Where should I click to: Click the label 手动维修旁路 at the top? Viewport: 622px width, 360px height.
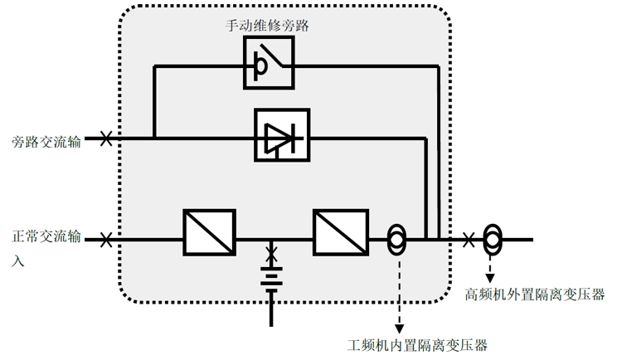pos(269,26)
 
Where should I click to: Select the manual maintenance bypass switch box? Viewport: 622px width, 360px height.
pos(269,63)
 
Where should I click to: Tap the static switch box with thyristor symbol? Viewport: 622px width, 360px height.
pos(281,134)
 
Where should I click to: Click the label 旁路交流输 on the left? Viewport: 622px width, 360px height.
pos(47,141)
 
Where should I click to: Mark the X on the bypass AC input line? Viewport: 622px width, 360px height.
pos(106,139)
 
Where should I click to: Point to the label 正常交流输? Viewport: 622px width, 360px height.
pos(47,238)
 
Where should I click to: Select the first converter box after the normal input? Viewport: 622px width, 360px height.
pos(209,231)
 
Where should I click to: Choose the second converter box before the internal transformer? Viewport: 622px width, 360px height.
pos(339,231)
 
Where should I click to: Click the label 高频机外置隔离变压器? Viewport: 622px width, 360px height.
pos(535,294)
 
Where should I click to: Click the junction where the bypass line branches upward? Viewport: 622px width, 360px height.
pos(154,138)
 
